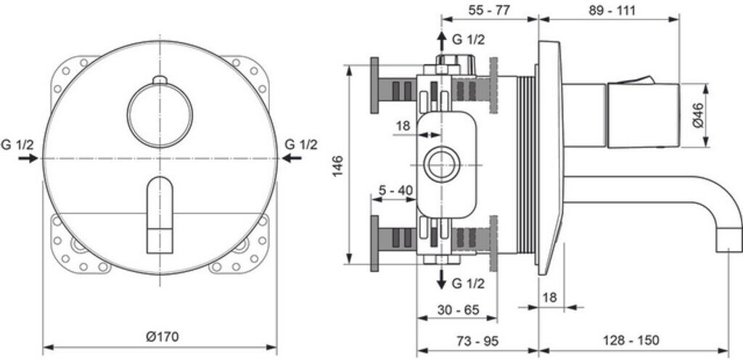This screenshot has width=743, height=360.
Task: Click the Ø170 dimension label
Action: (161, 336)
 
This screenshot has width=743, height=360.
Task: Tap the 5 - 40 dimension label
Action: (396, 190)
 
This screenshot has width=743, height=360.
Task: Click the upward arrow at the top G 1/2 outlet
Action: (440, 42)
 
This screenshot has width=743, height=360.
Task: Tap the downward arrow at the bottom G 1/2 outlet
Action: (440, 278)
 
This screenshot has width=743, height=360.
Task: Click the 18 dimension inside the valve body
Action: (403, 126)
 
